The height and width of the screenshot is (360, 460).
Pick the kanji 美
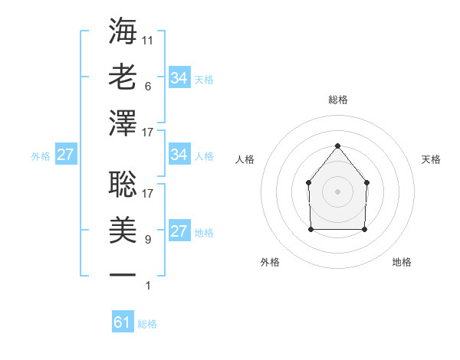click(x=123, y=231)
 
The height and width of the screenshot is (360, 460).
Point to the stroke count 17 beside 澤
click(x=148, y=133)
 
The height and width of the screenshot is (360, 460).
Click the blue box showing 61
click(x=122, y=322)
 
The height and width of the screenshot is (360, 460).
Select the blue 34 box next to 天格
click(x=179, y=78)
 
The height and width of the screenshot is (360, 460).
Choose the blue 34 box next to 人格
click(x=179, y=155)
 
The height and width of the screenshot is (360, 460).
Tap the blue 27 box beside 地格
click(x=179, y=231)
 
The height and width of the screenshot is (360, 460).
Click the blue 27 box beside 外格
click(x=65, y=155)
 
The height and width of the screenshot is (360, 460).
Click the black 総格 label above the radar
click(x=337, y=100)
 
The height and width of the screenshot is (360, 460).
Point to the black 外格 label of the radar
click(x=270, y=262)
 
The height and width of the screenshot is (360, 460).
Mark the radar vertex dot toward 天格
click(x=366, y=182)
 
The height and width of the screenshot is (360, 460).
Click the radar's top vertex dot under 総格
click(x=337, y=146)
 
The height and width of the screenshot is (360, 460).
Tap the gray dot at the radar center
click(x=337, y=191)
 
